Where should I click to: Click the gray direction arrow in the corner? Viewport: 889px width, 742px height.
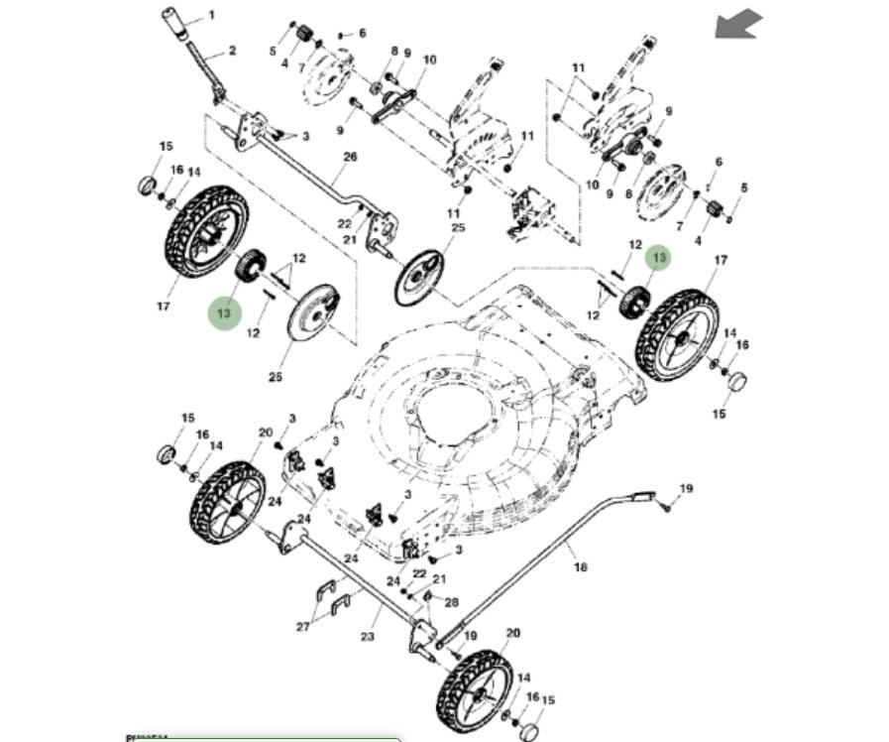point(739,24)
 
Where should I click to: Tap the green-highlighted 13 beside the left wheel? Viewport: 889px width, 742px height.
point(224,313)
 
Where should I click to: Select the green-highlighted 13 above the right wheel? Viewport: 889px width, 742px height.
point(659,258)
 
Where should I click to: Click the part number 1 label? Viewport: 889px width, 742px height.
point(210,17)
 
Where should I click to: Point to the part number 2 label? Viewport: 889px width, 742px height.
point(232,51)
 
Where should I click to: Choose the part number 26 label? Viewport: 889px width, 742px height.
point(349,158)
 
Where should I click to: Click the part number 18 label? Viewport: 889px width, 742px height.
point(581,566)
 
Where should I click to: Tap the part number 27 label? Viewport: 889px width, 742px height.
point(303,626)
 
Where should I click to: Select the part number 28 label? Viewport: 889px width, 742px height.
point(452,602)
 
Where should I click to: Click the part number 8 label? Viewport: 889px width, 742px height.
point(393,51)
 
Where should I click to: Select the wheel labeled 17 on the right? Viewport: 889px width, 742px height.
point(679,334)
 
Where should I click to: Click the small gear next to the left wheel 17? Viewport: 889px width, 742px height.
point(251,265)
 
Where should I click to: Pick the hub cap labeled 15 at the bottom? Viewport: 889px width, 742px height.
point(530,732)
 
